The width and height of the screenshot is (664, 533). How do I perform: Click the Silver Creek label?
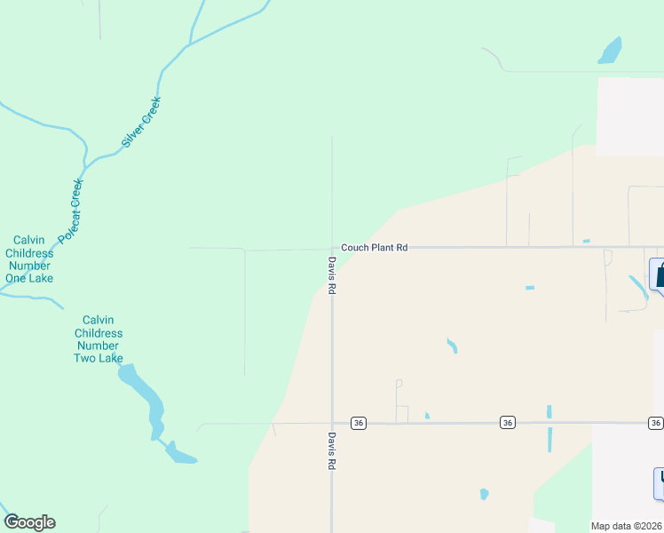142,121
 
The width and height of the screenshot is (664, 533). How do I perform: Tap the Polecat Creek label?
71,211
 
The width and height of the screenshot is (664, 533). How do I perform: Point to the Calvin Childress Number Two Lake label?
98,339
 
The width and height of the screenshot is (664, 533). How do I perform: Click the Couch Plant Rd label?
375,248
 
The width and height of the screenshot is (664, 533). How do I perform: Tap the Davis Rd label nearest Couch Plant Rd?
331,276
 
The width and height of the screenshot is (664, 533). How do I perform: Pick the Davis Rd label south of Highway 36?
331,451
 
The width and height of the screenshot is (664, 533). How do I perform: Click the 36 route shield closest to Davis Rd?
359,423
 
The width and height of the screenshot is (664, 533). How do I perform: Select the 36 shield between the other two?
507,423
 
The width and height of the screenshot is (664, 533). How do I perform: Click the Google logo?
29,522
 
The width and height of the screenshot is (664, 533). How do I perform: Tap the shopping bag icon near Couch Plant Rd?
659,274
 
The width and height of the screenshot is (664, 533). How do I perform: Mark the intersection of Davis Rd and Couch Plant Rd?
332,249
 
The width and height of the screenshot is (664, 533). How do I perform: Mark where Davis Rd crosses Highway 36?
332,424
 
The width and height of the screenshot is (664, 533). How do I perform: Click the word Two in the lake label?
85,358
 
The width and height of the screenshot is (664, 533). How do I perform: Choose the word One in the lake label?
17,278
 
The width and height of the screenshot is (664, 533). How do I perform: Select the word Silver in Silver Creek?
133,133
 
